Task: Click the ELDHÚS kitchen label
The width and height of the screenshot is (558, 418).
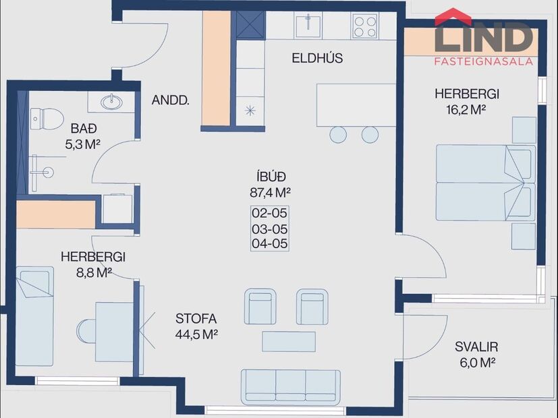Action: click(317, 58)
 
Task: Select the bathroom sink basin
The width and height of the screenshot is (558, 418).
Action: click(111, 102)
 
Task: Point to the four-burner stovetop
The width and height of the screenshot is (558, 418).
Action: click(364, 26)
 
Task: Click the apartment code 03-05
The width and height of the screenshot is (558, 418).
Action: click(269, 229)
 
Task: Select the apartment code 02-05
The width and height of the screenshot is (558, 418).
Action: click(269, 214)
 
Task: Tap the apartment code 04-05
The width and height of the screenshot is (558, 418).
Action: click(269, 243)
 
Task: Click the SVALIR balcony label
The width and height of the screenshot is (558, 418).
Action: click(476, 347)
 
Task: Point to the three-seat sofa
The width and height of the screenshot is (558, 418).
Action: click(289, 386)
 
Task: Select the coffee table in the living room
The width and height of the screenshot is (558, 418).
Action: click(289, 341)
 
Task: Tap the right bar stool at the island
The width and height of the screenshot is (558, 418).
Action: click(370, 134)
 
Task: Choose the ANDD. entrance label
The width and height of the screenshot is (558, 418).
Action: click(170, 101)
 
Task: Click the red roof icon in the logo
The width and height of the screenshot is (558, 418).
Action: click(453, 16)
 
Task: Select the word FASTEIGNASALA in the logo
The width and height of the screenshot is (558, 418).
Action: click(483, 61)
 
